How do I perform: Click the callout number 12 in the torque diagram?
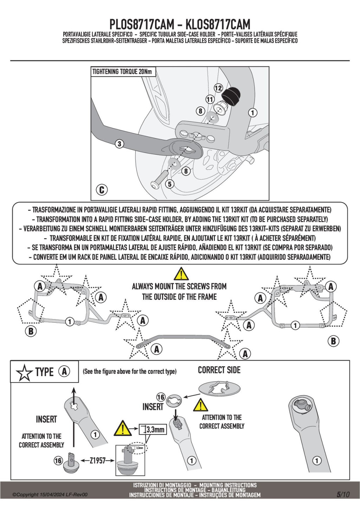[x=218, y=88]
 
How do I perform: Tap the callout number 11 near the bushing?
[x=210, y=99]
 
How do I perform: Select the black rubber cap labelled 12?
[x=230, y=96]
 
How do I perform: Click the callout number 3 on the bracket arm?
[x=120, y=143]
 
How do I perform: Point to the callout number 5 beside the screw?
[x=170, y=184]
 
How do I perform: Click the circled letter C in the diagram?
[x=102, y=190]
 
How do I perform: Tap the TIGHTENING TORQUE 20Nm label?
[x=122, y=72]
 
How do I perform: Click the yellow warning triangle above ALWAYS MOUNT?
[x=181, y=274]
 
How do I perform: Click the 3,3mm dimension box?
[x=153, y=429]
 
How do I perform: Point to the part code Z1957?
[x=98, y=460]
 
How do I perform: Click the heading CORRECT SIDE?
[x=219, y=370]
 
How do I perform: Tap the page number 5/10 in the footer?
[x=343, y=494]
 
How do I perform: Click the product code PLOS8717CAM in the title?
[x=142, y=25]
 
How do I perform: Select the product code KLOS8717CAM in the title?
[x=218, y=25]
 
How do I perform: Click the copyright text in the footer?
[x=50, y=495]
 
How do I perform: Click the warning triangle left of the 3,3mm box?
[x=122, y=429]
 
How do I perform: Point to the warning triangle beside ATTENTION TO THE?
[x=200, y=405]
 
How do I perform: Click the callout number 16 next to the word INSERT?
[x=161, y=397]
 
